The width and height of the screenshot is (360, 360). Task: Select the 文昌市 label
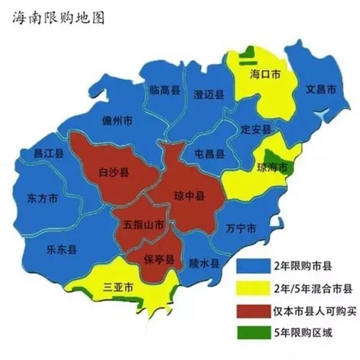tap(321, 91)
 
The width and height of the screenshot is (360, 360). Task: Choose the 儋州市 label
tap(117, 120)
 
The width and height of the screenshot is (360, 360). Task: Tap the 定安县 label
tap(256, 130)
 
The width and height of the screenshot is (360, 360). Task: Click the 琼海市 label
tap(271, 168)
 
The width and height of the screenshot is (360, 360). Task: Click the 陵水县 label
tap(203, 264)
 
